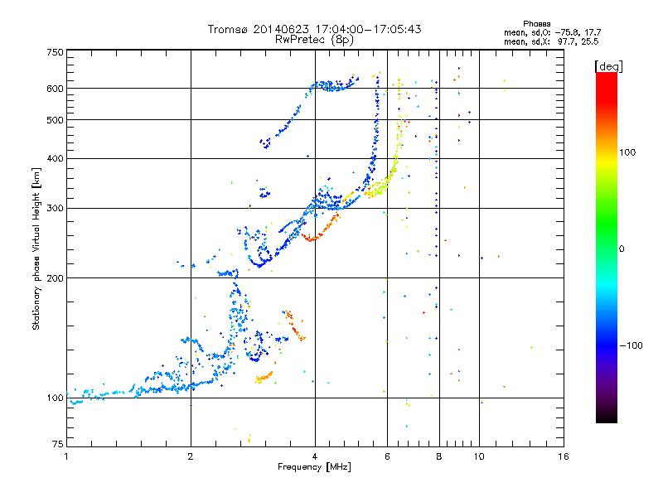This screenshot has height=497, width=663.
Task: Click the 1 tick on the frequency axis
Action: coord(66,456)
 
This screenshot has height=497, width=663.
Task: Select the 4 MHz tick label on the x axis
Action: coord(315,456)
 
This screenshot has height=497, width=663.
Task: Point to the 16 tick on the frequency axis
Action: coord(563,456)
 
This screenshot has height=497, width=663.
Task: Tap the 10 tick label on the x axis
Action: coord(479,456)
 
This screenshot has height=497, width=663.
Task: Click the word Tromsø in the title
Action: coord(228,29)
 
